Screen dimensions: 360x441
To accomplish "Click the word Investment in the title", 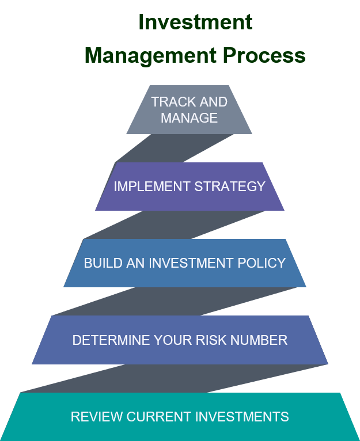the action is [x=195, y=22].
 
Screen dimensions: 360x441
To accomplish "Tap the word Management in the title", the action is [x=150, y=56].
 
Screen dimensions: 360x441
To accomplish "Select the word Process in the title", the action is [x=264, y=55].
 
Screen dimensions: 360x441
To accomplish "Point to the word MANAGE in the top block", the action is [x=189, y=118].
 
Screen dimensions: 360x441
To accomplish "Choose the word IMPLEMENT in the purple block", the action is [x=152, y=187].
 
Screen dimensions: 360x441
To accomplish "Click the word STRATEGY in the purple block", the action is [x=230, y=187].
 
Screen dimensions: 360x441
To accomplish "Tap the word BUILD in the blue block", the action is [x=103, y=263].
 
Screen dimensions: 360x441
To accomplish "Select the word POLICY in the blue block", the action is [x=262, y=263].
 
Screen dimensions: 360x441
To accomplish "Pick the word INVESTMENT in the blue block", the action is [x=191, y=263].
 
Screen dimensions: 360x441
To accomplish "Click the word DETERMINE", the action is [x=111, y=340].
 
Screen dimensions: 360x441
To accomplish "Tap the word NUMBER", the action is [x=259, y=340].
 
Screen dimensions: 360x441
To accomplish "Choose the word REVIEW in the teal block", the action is [x=97, y=417].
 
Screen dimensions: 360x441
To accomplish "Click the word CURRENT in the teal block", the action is [x=159, y=417].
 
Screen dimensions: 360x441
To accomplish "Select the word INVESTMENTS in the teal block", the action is [x=242, y=417].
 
